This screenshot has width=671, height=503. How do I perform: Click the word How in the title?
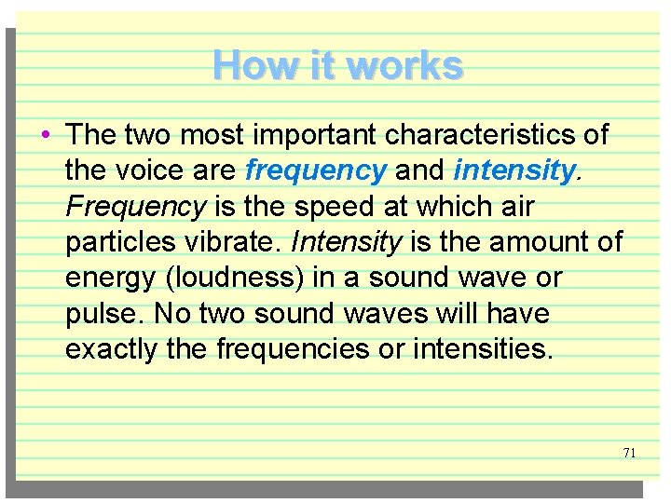(x=244, y=66)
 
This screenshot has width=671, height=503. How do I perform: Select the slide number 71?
(x=629, y=453)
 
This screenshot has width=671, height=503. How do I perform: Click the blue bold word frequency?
(x=315, y=171)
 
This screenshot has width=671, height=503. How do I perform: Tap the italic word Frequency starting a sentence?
(x=135, y=207)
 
